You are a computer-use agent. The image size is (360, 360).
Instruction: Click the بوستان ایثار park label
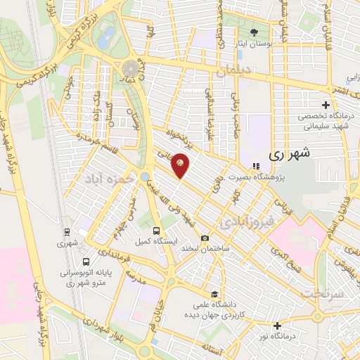tap(254, 44)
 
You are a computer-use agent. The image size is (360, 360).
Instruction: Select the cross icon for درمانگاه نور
tap(278, 326)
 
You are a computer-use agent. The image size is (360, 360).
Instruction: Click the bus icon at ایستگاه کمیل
tap(156, 230)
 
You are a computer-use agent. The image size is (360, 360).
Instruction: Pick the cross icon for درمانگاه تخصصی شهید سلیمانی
tap(326, 105)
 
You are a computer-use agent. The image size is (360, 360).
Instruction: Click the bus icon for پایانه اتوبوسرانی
tap(86, 262)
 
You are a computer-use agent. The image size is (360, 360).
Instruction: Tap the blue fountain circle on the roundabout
tap(145, 176)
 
